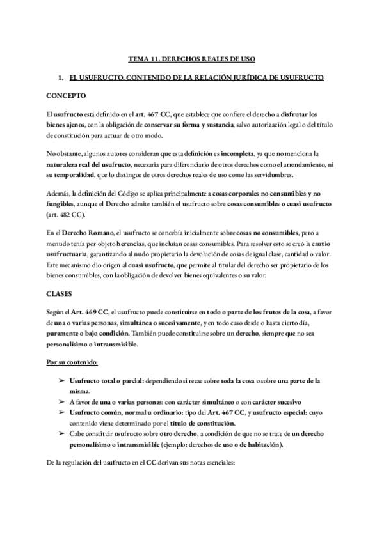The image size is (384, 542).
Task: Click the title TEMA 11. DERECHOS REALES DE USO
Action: tap(192, 59)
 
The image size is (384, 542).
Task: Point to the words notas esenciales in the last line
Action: tap(214, 461)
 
